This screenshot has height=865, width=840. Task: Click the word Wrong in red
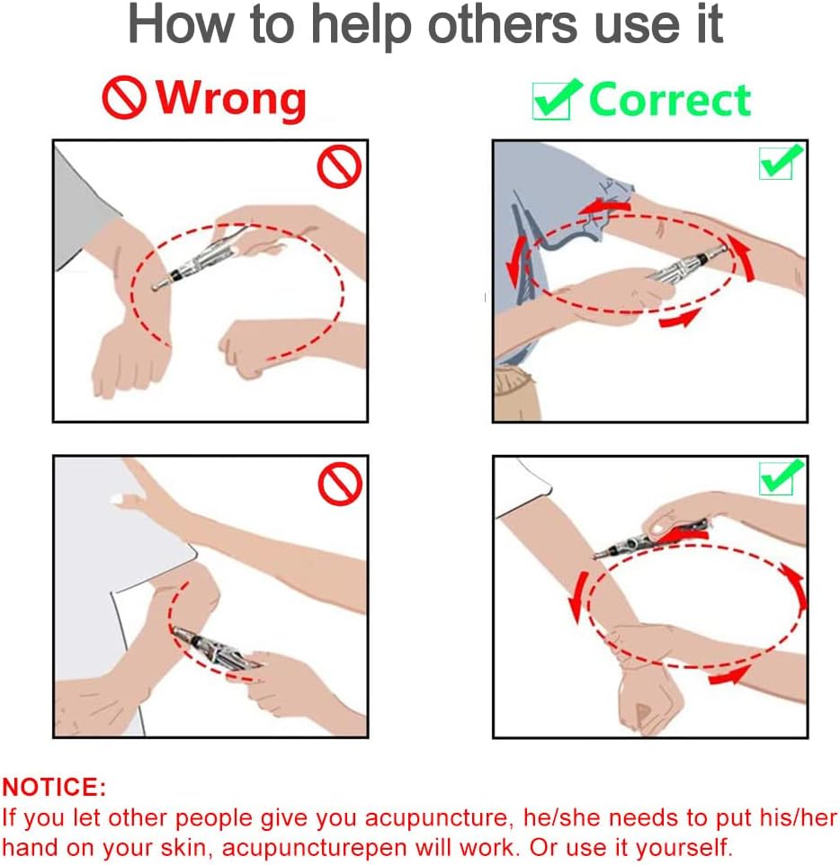[x=231, y=99]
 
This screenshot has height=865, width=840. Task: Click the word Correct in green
[x=669, y=100]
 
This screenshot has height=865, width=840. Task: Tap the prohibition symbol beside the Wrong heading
[x=124, y=98]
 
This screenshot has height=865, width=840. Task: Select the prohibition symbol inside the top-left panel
[x=339, y=166]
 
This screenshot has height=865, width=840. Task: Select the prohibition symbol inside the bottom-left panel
[x=340, y=484]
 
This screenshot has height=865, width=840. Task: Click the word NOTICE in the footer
[x=54, y=787]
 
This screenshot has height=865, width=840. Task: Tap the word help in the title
[x=362, y=25]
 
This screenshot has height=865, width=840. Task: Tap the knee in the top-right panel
[x=515, y=393]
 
